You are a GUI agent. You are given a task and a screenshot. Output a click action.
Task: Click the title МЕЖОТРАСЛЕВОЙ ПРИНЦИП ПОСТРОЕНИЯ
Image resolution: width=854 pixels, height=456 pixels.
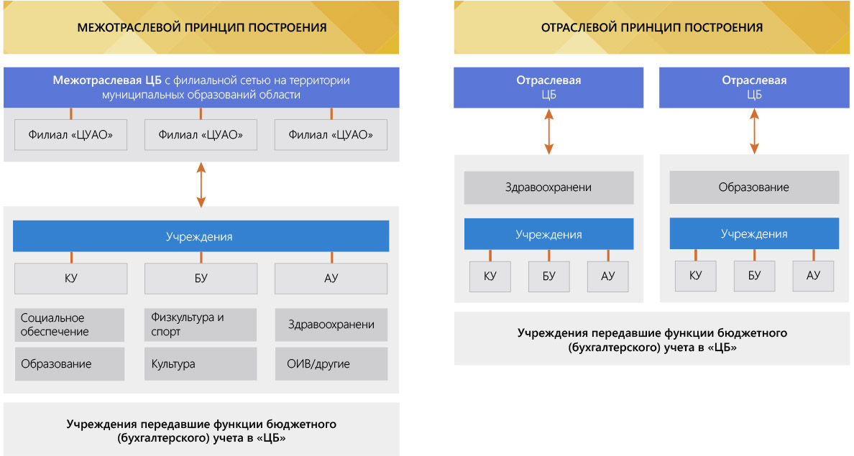click(x=201, y=28)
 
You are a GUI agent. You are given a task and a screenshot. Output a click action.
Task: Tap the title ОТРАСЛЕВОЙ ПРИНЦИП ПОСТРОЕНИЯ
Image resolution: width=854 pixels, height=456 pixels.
click(x=652, y=28)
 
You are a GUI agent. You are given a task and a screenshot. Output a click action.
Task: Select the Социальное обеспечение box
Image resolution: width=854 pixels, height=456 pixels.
click(x=70, y=325)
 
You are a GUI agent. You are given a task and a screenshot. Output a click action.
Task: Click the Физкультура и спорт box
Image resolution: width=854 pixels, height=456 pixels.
click(x=201, y=325)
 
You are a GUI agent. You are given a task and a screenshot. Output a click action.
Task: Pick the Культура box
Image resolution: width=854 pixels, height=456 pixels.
click(x=201, y=364)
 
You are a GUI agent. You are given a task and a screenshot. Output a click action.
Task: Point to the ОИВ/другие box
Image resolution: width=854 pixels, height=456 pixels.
click(x=331, y=364)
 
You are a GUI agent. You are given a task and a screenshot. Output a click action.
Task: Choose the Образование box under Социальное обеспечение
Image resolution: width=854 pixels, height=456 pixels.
click(x=70, y=364)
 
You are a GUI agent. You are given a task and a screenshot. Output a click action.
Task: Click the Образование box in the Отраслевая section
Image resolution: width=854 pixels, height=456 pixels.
click(x=754, y=187)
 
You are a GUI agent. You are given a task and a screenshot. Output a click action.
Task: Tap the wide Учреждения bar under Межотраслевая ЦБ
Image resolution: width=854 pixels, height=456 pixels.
click(x=201, y=236)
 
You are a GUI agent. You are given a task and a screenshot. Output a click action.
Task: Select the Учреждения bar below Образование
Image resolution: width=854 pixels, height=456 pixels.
click(x=754, y=234)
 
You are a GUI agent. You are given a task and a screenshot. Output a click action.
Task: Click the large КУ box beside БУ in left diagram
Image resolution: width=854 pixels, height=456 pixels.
click(x=70, y=279)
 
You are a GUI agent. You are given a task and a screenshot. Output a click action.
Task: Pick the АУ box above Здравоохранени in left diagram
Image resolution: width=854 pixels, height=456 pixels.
click(x=331, y=279)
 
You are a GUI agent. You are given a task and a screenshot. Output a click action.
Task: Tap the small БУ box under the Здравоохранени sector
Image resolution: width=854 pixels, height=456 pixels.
click(x=549, y=276)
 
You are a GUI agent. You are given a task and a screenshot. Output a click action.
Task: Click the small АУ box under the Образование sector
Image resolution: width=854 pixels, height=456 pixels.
click(x=813, y=276)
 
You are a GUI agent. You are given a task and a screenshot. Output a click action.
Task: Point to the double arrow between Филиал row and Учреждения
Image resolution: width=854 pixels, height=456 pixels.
click(x=201, y=185)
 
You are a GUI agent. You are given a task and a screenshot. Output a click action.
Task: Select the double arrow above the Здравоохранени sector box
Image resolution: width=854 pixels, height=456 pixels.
click(x=549, y=131)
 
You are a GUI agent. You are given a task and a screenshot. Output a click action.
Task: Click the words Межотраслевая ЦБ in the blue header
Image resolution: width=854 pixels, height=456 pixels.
click(x=107, y=80)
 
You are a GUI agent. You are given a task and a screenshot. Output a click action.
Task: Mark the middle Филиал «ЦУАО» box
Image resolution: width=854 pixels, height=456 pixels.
click(x=201, y=135)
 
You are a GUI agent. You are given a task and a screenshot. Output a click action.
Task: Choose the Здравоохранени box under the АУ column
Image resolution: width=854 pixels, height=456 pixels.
click(x=331, y=325)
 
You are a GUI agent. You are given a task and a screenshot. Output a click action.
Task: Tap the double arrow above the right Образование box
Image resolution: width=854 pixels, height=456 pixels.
click(x=754, y=131)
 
